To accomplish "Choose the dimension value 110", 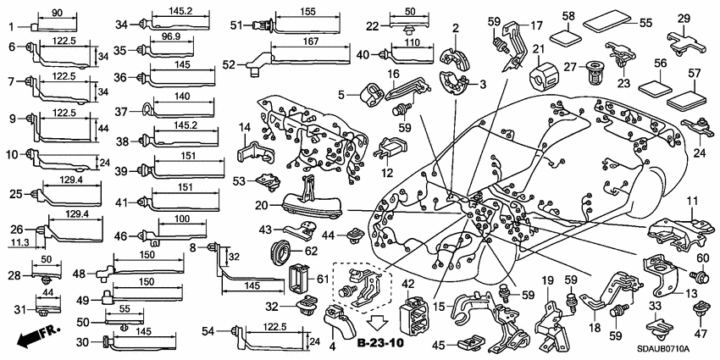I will pyautogui.click(x=413, y=43).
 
